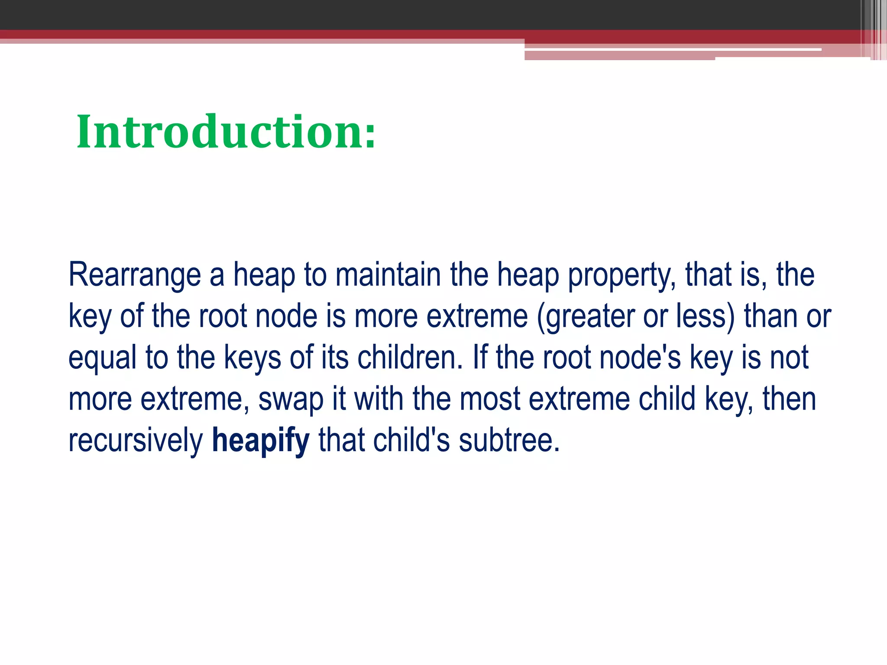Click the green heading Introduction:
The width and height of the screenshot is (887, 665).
226,132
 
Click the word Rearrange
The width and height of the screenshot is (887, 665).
135,275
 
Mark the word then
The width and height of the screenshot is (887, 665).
789,399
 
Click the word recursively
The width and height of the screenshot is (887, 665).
136,440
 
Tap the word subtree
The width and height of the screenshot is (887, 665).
509,440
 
